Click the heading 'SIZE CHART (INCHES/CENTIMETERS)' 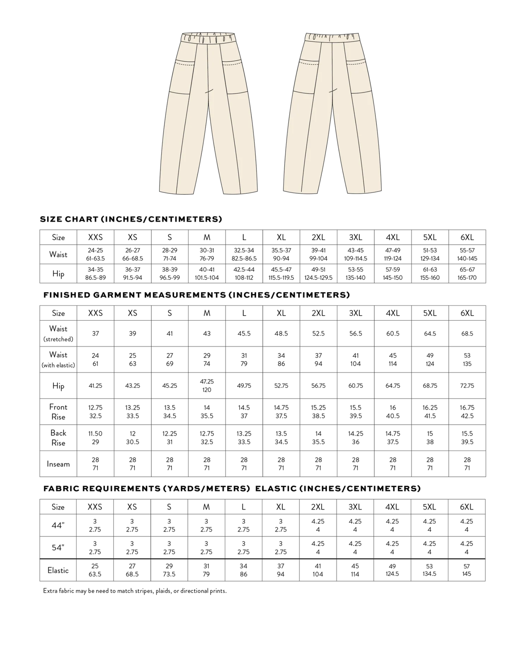[131, 219]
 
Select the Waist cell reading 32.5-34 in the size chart [244, 254]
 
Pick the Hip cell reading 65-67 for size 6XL [467, 273]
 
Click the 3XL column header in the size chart [355, 237]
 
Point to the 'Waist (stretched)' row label [58, 333]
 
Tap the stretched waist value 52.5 [318, 334]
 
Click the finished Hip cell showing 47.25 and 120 [207, 386]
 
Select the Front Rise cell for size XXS [95, 412]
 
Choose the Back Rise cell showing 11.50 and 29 [95, 438]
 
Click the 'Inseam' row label [58, 464]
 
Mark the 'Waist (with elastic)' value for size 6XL [467, 360]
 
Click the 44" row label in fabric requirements [58, 525]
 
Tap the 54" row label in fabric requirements [58, 548]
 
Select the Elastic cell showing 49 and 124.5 [392, 570]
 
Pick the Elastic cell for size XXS [95, 570]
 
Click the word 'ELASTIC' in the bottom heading [275, 489]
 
